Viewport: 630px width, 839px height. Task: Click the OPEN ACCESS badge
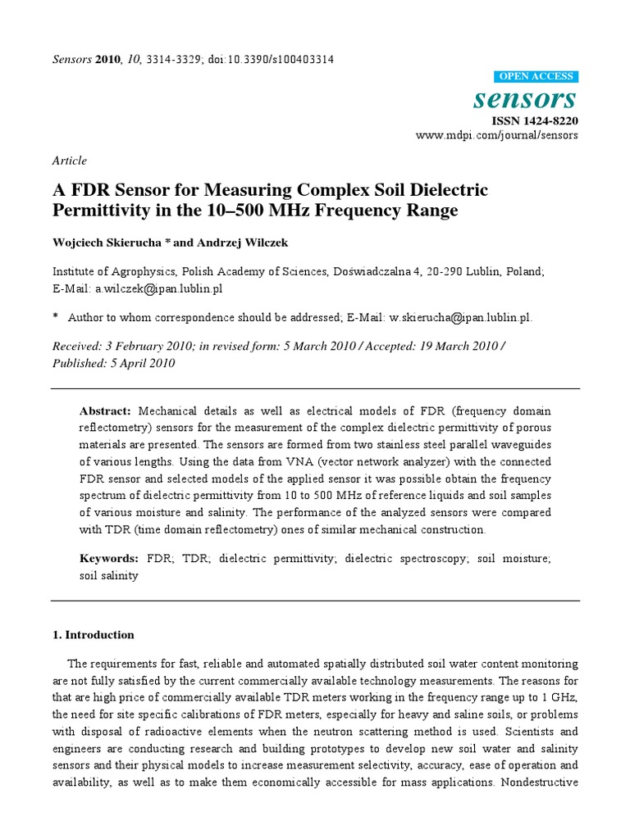pyautogui.click(x=537, y=77)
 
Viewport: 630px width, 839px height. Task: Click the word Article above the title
pyautogui.click(x=69, y=161)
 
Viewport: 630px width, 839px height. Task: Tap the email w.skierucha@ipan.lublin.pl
pyautogui.click(x=455, y=318)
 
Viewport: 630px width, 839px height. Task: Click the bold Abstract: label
pyautogui.click(x=105, y=410)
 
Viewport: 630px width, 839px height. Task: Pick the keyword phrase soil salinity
pyautogui.click(x=108, y=575)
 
